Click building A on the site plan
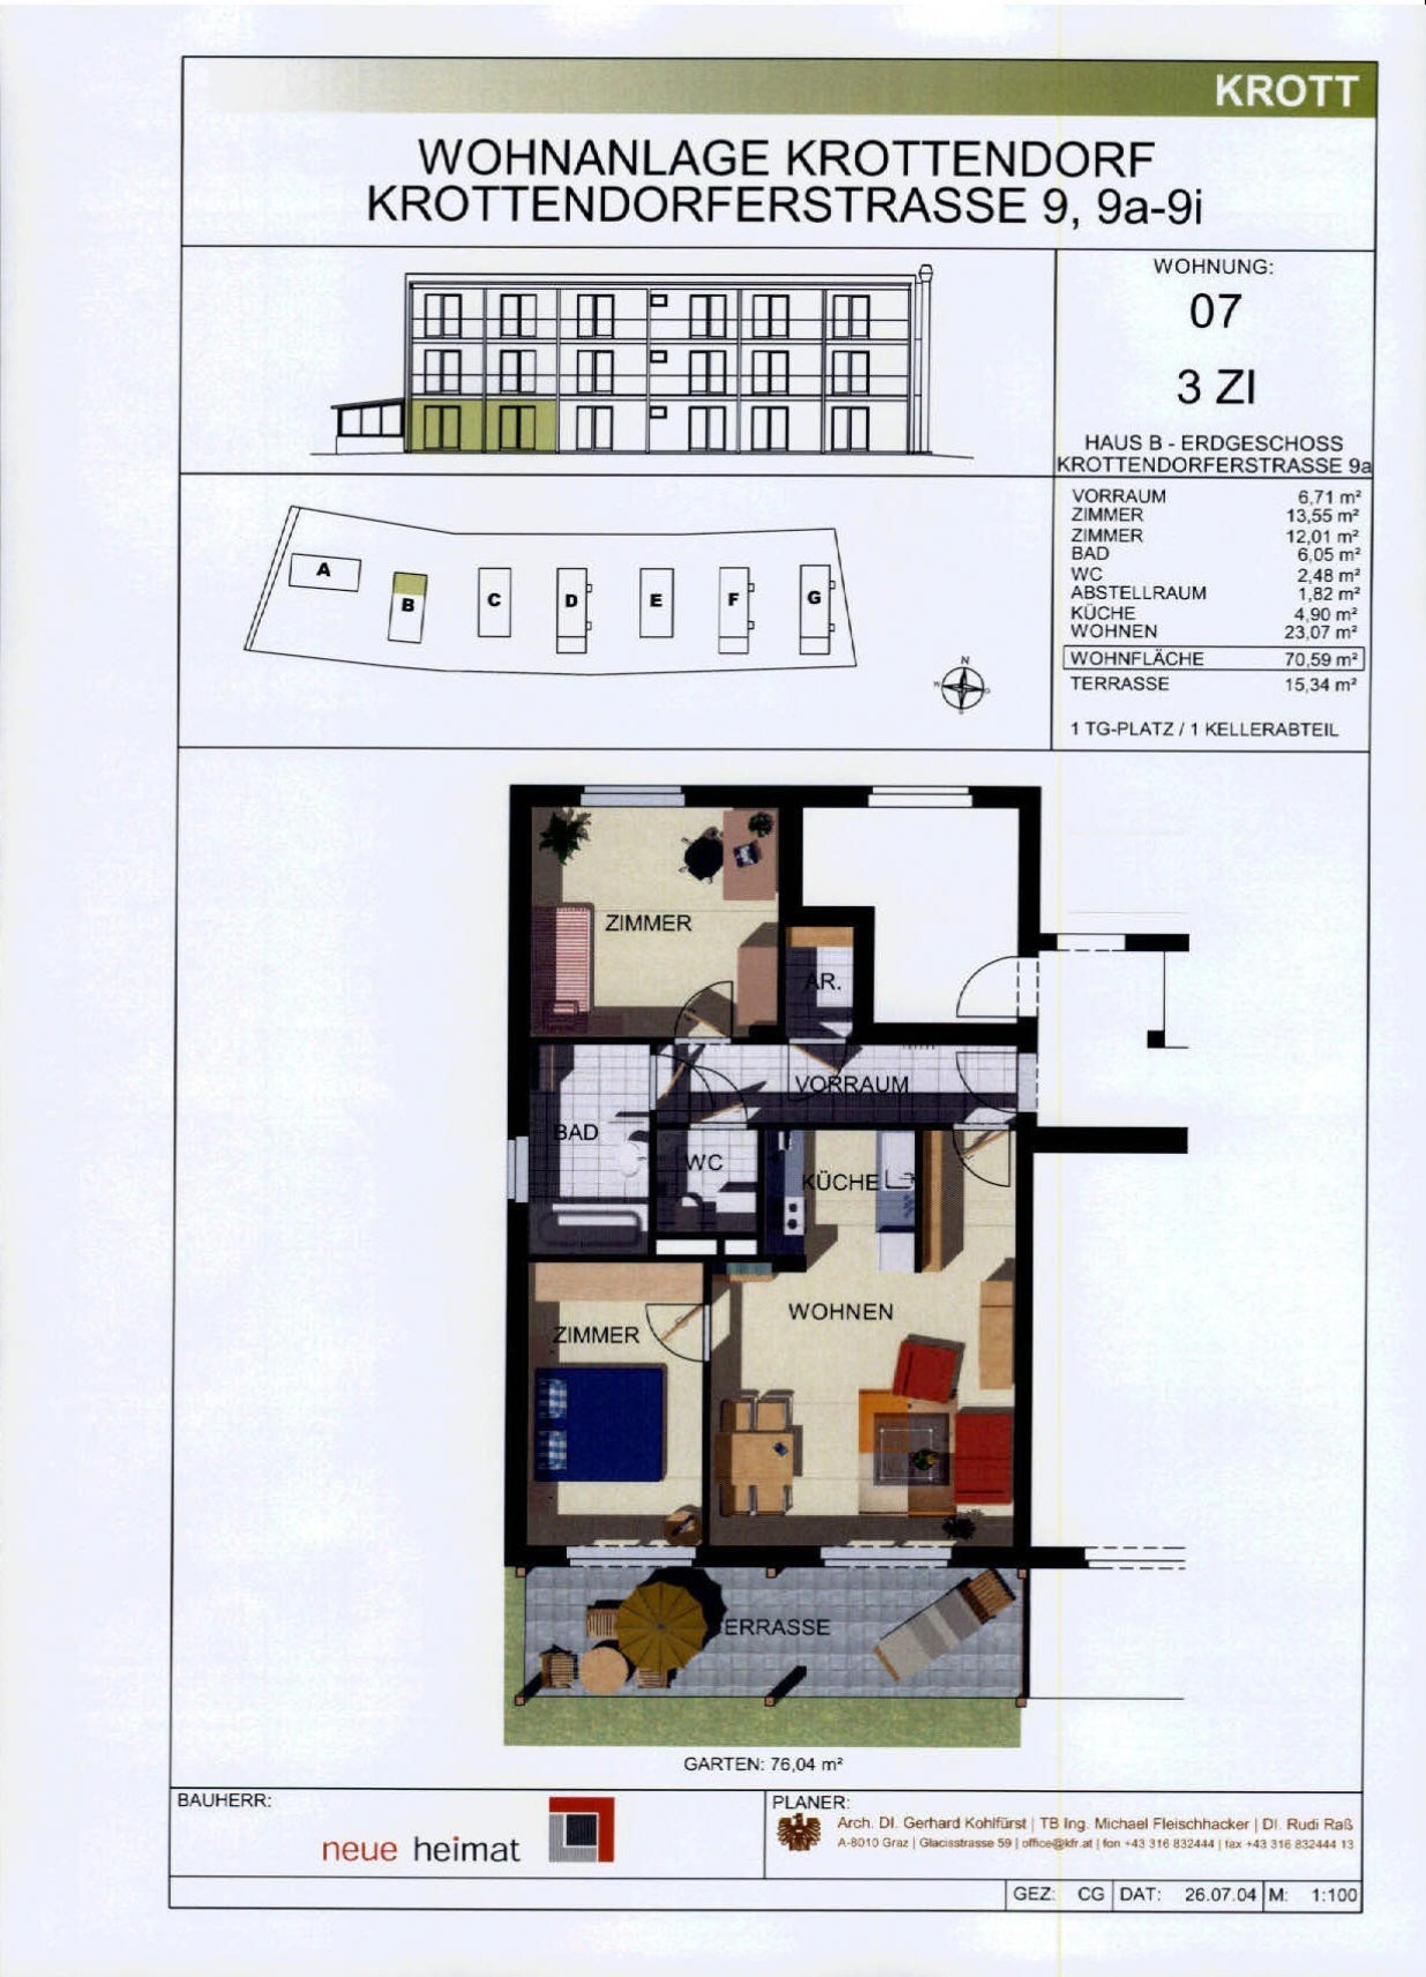pyautogui.click(x=324, y=572)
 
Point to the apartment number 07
pyautogui.click(x=1215, y=311)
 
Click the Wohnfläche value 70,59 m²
pyautogui.click(x=1320, y=659)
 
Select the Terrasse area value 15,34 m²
pyautogui.click(x=1320, y=685)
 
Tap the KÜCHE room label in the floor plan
pyautogui.click(x=841, y=1182)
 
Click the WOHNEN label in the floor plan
pyautogui.click(x=840, y=1312)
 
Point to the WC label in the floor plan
pyautogui.click(x=706, y=1163)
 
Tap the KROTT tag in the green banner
pyautogui.click(x=1286, y=91)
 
